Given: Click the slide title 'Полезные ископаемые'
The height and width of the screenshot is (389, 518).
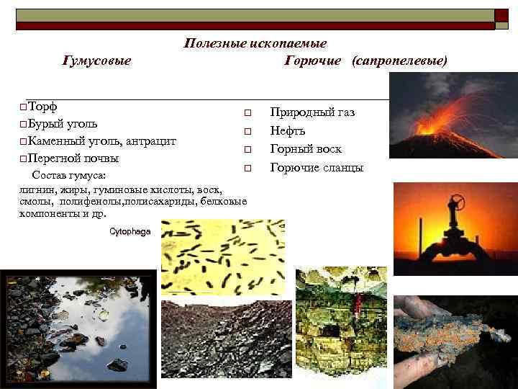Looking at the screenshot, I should [x=255, y=44].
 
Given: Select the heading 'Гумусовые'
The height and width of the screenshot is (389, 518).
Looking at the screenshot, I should [x=97, y=61].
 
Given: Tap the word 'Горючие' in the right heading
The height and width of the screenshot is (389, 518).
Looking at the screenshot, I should [x=313, y=61].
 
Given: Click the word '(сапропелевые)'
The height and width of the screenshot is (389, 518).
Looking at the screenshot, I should [x=399, y=61].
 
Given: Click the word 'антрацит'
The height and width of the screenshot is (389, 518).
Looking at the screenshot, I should [x=151, y=140].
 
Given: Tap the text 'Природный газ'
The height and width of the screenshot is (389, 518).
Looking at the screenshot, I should [x=312, y=112].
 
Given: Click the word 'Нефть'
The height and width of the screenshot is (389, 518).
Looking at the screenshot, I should [x=288, y=131].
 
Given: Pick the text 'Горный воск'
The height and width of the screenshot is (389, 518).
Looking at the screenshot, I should [x=306, y=149].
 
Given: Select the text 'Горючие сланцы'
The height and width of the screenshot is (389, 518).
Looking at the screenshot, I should [x=317, y=168].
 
